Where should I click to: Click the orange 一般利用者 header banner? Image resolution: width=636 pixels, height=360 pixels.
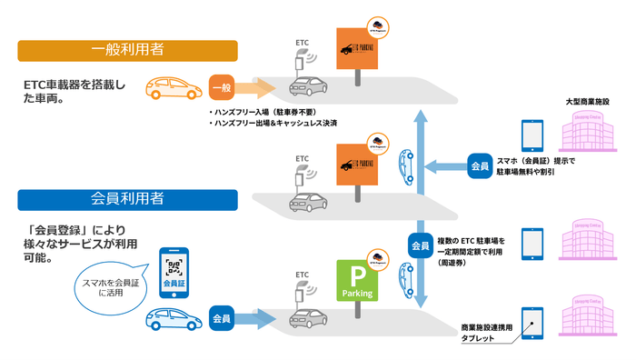(x=127, y=49)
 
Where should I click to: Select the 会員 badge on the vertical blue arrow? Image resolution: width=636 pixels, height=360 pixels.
(x=420, y=245)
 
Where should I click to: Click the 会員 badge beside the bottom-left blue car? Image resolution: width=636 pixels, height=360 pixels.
(x=224, y=318)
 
